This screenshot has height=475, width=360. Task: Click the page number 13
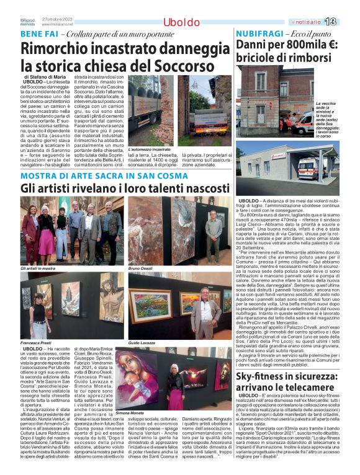(347, 22)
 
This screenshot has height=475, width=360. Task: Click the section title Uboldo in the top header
(181, 22)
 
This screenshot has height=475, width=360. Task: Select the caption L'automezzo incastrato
(148, 149)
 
